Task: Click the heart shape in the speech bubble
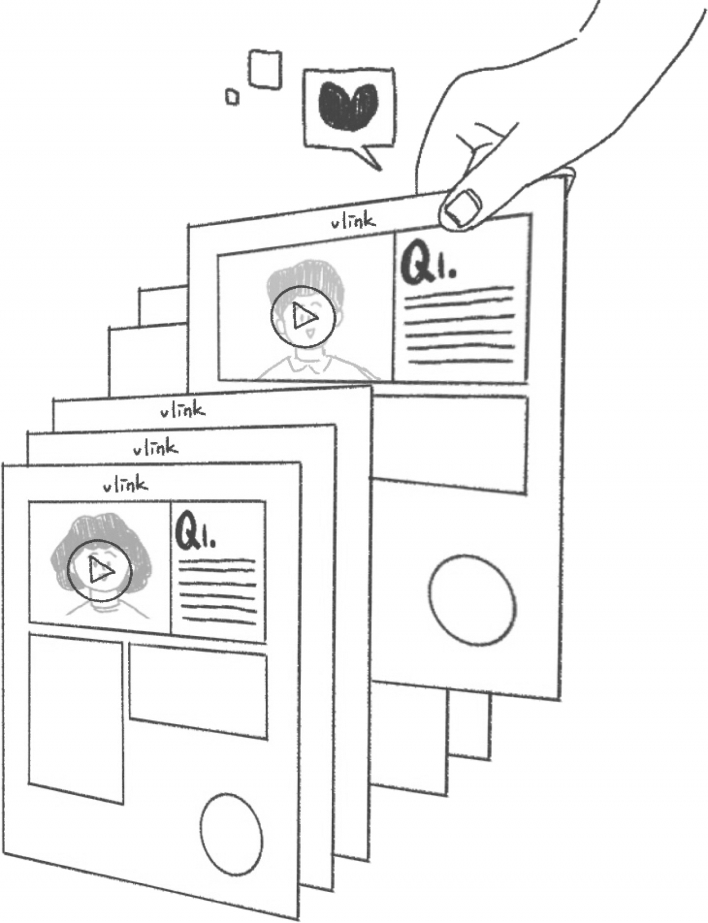(347, 106)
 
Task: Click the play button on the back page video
(304, 317)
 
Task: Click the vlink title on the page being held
(353, 222)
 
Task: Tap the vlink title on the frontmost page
(126, 486)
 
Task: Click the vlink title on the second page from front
(155, 448)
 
